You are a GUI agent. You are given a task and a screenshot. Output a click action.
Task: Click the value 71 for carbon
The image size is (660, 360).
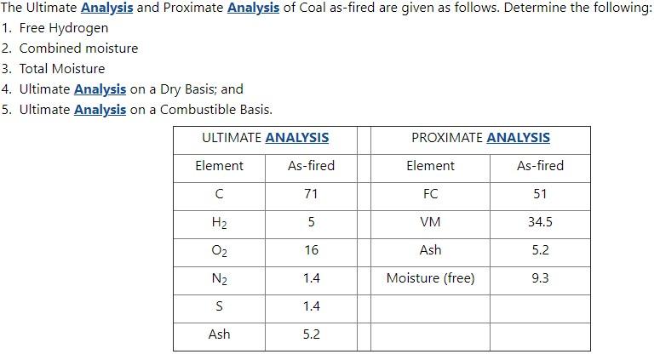click(x=311, y=194)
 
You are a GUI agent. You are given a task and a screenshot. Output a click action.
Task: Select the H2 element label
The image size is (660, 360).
click(x=219, y=222)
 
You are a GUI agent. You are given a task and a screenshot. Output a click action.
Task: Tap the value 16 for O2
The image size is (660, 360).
click(x=311, y=250)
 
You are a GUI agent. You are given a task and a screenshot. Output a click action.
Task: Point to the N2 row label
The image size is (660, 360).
click(x=219, y=278)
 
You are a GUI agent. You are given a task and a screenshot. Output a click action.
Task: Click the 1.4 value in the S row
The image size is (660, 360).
click(x=311, y=306)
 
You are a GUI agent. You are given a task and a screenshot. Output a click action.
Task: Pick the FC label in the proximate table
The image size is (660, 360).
click(x=430, y=194)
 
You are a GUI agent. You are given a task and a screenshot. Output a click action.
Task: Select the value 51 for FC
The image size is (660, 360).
click(x=540, y=194)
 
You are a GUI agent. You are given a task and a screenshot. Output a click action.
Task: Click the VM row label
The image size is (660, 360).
click(x=430, y=222)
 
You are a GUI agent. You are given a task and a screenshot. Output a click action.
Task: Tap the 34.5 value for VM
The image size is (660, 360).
click(x=540, y=222)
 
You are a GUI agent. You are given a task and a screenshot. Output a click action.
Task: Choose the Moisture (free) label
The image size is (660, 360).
click(x=430, y=278)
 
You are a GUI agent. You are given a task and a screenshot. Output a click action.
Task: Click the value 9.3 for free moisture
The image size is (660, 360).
click(x=540, y=278)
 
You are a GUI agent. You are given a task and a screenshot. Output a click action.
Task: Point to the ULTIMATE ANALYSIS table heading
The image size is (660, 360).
click(x=265, y=137)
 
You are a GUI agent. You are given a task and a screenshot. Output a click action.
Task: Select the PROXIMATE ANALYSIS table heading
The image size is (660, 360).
click(x=480, y=137)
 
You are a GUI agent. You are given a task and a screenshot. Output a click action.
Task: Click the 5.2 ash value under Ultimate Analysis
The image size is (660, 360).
click(x=311, y=334)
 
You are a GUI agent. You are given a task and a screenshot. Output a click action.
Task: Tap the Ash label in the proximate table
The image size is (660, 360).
click(x=430, y=250)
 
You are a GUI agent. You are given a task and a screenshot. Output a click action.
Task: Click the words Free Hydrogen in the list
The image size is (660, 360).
click(x=64, y=28)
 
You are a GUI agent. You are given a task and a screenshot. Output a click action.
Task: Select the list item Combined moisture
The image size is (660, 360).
click(x=78, y=49)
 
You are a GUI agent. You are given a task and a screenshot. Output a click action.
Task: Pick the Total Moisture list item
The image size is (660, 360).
click(x=62, y=69)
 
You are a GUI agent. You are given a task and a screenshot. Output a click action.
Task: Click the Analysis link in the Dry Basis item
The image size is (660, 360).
click(x=100, y=89)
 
